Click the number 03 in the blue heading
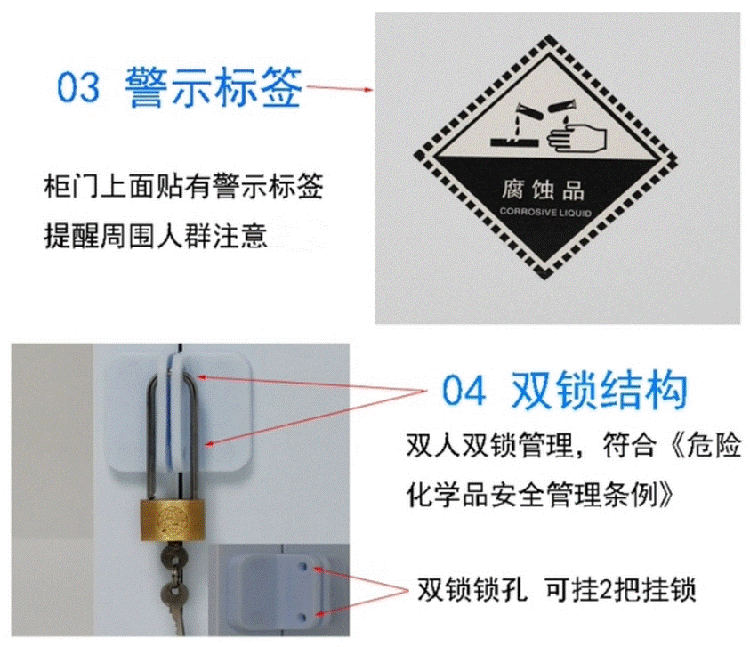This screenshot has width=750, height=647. (x=78, y=87)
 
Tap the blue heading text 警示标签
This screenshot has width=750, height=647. (x=214, y=86)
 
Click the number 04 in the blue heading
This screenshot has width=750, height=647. (x=463, y=391)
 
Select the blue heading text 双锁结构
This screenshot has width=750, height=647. (x=599, y=390)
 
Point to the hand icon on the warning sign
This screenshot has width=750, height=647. (x=577, y=138)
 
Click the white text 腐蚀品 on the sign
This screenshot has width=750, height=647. (x=543, y=190)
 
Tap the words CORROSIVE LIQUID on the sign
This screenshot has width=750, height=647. (x=545, y=212)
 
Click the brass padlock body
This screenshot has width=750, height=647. (x=173, y=521)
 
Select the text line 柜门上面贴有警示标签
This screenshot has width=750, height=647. (x=183, y=186)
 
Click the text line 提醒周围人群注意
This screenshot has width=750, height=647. (x=156, y=236)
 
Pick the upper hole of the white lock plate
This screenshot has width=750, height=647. (x=302, y=567)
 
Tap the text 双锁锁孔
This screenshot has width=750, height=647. (x=472, y=589)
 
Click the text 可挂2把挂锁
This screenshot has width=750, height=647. (x=620, y=589)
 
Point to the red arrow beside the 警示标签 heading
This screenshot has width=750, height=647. (x=340, y=88)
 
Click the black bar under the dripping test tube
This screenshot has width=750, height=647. (x=514, y=142)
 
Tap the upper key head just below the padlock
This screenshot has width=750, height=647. (x=173, y=556)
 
